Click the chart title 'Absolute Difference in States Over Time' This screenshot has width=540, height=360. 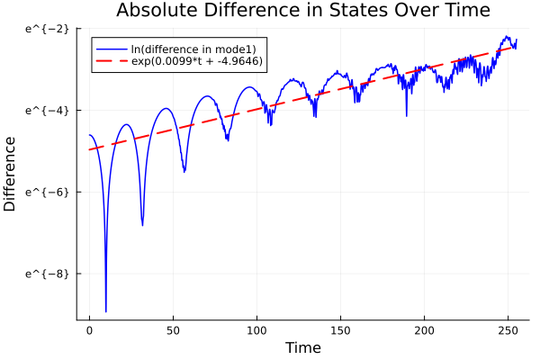pyautogui.click(x=302, y=11)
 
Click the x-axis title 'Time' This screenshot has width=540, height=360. pyautogui.click(x=302, y=347)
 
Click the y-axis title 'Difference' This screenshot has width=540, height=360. pyautogui.click(x=11, y=174)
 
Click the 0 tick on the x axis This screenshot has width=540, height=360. pyautogui.click(x=89, y=330)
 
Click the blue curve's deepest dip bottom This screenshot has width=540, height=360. pyautogui.click(x=106, y=310)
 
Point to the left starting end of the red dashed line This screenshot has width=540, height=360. pyautogui.click(x=89, y=149)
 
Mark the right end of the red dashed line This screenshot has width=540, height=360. pyautogui.click(x=516, y=45)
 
